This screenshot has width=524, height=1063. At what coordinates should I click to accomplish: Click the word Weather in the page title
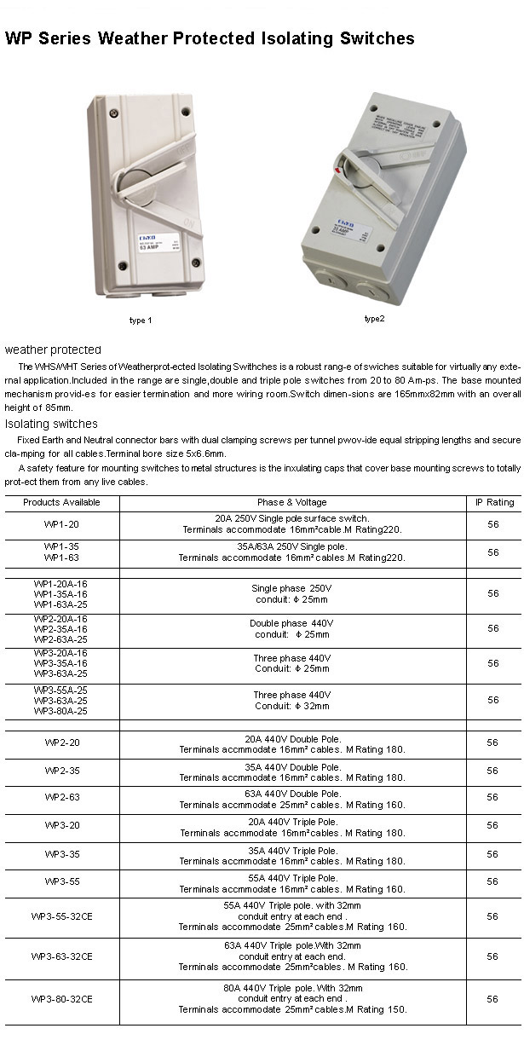point(135,38)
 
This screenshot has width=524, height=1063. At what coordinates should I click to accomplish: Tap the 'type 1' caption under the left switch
point(141,321)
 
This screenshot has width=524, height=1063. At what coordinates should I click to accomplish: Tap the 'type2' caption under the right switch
point(375,319)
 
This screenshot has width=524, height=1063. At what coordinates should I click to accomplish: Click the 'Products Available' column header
point(61,502)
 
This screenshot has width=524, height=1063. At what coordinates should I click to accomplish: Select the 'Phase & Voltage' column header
point(292,502)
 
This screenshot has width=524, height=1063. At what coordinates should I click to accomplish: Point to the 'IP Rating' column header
point(494,502)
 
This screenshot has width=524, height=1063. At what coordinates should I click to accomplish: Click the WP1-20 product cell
point(61,524)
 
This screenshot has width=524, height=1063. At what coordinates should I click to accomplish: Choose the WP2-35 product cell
point(61,771)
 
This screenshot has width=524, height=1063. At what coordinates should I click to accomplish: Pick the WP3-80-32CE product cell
point(61,999)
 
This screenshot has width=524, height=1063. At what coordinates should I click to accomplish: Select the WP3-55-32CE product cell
point(61,916)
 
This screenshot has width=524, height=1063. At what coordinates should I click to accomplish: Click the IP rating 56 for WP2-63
point(492,798)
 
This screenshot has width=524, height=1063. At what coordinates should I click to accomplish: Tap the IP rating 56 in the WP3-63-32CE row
point(492,956)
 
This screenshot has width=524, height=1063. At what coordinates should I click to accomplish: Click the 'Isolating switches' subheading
point(51,424)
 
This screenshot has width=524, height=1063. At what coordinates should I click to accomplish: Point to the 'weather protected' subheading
point(53,350)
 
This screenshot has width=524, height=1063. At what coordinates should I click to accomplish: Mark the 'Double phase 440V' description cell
point(292,628)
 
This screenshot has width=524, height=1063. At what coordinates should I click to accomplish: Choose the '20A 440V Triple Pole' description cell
point(292,827)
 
